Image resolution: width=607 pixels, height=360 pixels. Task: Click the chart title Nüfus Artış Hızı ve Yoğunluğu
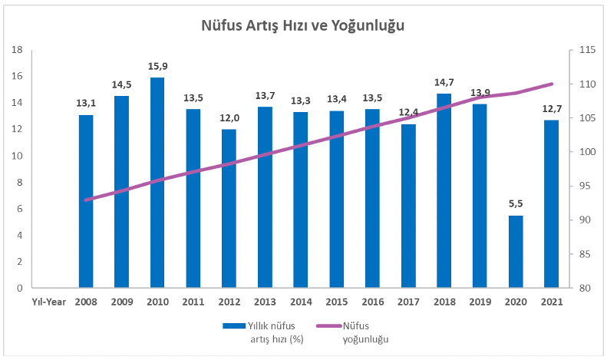[x=302, y=25]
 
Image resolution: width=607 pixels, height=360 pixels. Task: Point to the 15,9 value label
[x=157, y=66]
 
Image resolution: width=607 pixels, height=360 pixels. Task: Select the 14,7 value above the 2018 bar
[x=444, y=82]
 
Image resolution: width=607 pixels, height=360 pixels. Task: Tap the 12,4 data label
[x=408, y=113]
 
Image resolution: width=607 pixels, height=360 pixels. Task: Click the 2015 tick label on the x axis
[x=336, y=302]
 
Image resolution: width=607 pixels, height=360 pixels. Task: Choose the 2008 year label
[x=86, y=302]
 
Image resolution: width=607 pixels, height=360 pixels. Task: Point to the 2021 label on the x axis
[x=552, y=302]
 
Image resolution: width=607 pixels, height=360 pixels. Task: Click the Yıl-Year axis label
[x=46, y=302]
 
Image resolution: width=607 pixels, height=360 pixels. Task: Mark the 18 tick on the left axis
[x=18, y=50]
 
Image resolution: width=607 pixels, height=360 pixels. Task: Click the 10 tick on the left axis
[x=18, y=156]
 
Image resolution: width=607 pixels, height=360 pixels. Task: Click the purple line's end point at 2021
[x=552, y=84]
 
